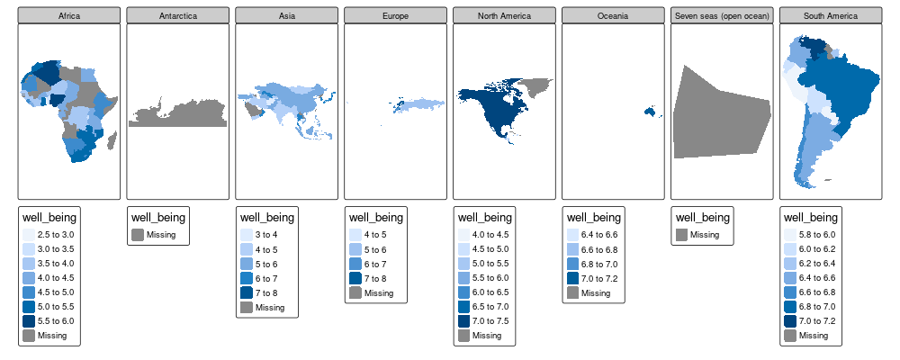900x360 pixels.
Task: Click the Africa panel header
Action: [x=69, y=15]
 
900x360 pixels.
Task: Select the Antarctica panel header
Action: [x=178, y=15]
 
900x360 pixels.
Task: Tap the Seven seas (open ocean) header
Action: [x=722, y=15]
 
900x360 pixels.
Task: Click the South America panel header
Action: [x=830, y=15]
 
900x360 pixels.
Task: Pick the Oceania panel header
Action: [x=613, y=15]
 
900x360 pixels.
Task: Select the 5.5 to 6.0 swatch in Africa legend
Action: [x=30, y=321]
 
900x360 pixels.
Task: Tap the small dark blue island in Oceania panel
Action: [x=647, y=112]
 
